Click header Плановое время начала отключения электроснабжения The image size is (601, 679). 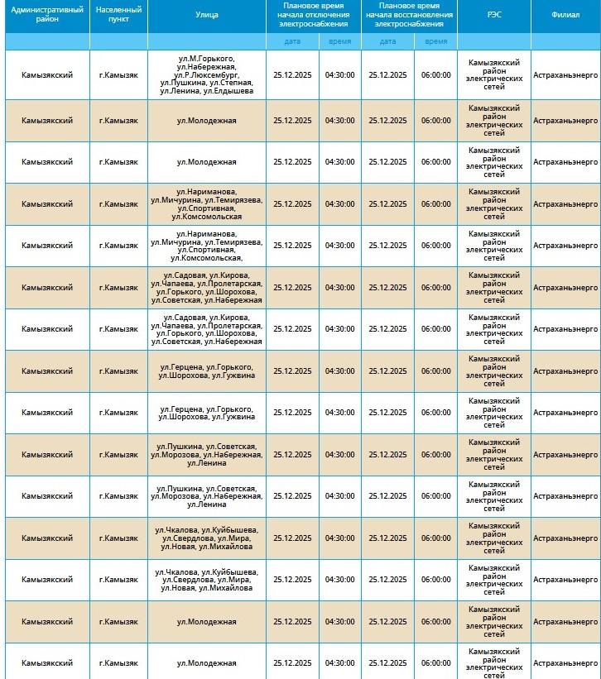(x=313, y=15)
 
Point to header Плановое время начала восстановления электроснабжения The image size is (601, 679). (x=408, y=15)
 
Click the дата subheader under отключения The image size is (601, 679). (x=292, y=41)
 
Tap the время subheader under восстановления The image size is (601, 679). (x=435, y=41)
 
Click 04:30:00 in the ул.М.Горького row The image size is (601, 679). (x=339, y=74)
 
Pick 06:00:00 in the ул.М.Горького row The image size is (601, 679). (x=435, y=74)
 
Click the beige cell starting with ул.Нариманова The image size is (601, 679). (x=207, y=203)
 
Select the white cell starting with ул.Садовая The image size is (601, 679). (x=207, y=329)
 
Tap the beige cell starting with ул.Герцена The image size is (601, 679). (x=207, y=371)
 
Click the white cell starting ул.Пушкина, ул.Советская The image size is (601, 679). (x=207, y=496)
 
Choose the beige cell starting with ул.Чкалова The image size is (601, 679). (x=207, y=538)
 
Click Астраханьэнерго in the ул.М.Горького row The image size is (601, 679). (x=565, y=74)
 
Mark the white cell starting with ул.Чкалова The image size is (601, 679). (x=207, y=580)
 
